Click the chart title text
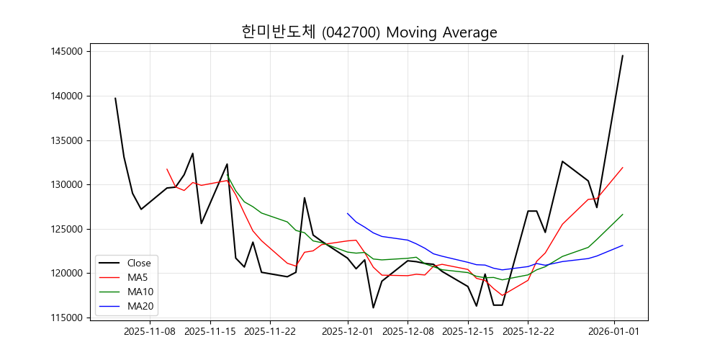tap(369, 32)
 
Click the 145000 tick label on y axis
tap(66, 52)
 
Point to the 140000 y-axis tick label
tap(66, 96)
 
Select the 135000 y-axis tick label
tap(66, 140)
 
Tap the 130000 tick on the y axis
tap(66, 184)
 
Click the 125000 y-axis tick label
tap(66, 229)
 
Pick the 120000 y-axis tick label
tap(66, 274)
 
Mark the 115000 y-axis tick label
tap(66, 318)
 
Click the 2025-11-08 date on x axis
tap(150, 331)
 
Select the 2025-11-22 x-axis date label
tap(270, 331)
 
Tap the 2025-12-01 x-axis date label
tap(348, 331)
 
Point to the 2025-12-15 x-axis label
tap(468, 331)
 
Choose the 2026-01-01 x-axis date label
tap(614, 331)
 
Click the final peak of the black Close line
tap(623, 55)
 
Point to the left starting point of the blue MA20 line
tap(348, 213)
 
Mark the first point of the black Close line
tap(115, 98)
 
